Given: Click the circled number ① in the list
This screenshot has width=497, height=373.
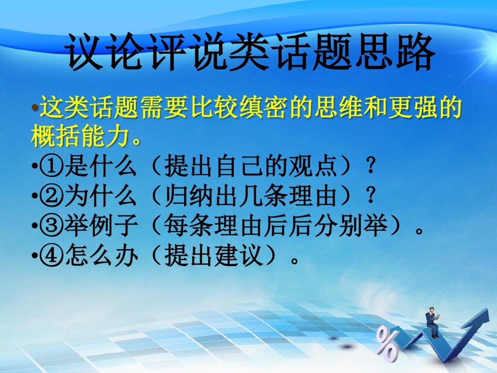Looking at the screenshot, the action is click(x=52, y=166).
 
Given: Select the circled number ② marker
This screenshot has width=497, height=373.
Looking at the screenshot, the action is click(x=52, y=196).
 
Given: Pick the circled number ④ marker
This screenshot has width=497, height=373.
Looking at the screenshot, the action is click(x=52, y=255).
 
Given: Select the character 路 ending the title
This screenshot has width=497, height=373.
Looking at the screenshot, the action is click(x=415, y=52).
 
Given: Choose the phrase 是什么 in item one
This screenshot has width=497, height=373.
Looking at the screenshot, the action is click(x=100, y=166).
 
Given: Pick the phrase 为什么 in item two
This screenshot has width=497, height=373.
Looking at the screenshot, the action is click(x=100, y=196).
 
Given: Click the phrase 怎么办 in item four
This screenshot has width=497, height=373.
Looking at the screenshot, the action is click(x=100, y=255).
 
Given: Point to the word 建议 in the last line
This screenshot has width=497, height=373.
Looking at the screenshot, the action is click(x=239, y=255).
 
